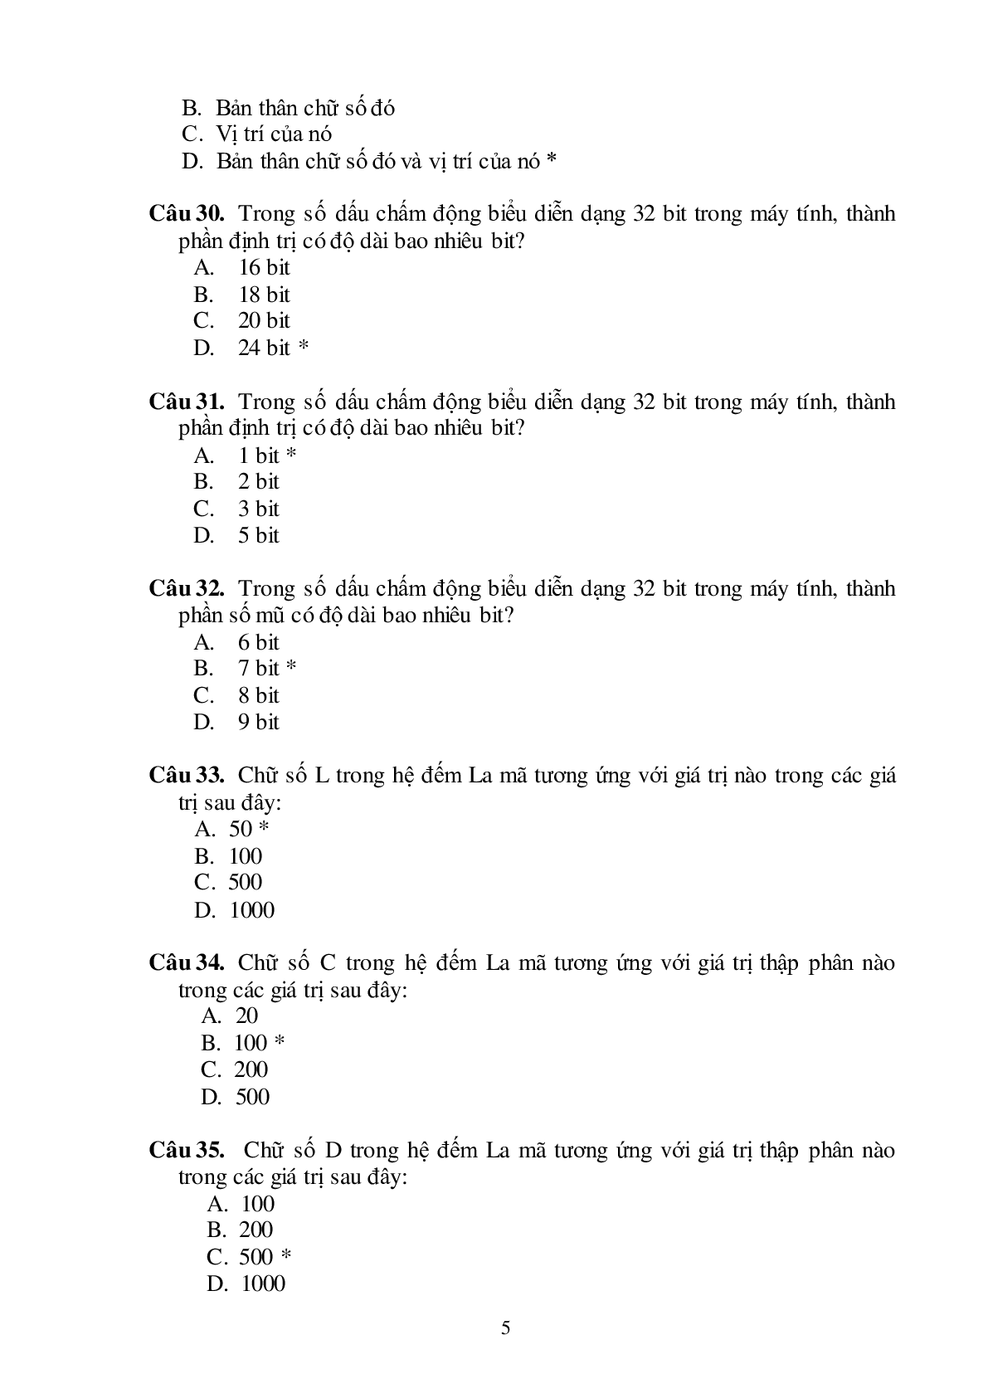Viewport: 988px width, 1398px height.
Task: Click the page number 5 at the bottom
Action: (506, 1328)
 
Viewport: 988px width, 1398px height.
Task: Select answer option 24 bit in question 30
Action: (264, 348)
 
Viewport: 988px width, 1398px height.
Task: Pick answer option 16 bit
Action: (264, 267)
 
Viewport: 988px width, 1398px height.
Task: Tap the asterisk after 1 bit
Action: (291, 455)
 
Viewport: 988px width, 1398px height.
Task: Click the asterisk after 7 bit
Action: (291, 668)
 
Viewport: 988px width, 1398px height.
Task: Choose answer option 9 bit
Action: (259, 722)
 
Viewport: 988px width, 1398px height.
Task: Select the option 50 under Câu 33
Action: (241, 829)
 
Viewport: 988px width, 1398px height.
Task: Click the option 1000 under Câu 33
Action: (251, 910)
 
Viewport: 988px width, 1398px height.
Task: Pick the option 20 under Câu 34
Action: (246, 1016)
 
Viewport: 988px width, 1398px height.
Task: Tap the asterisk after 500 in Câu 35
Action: (286, 1257)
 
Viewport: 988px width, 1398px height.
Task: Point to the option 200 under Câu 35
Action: (256, 1230)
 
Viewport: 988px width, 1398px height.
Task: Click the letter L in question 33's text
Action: (323, 776)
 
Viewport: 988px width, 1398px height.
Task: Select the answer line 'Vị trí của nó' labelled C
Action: (274, 134)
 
